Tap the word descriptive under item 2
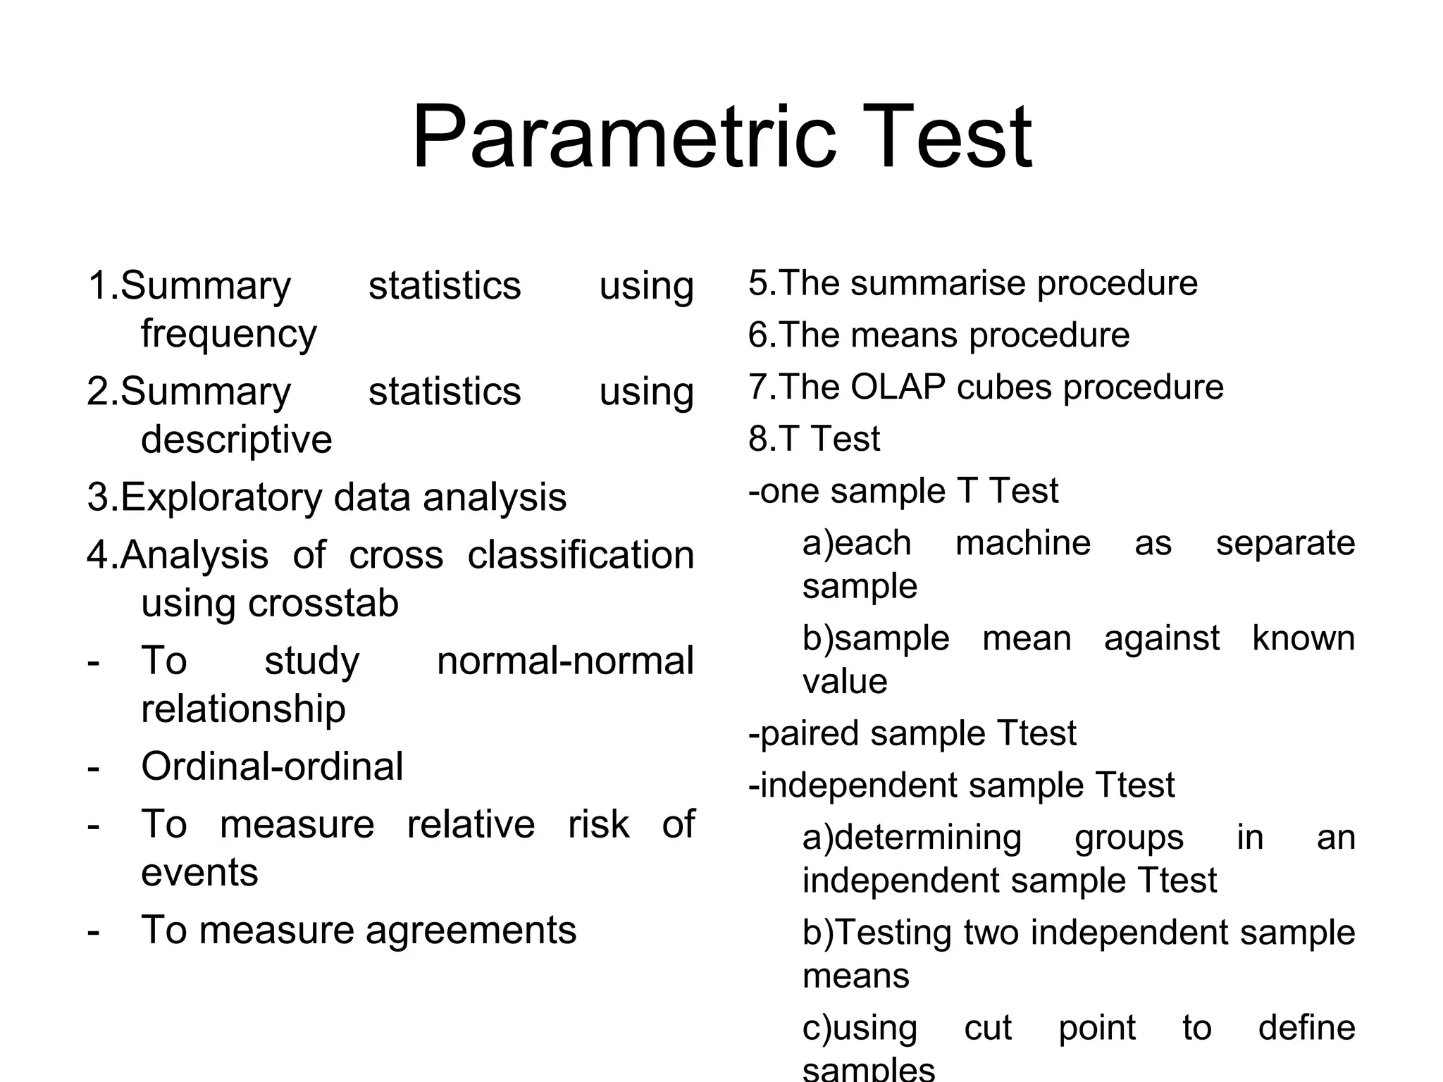[x=236, y=440]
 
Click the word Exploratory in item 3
[x=221, y=498]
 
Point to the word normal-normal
[x=565, y=661]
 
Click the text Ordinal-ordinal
[x=272, y=766]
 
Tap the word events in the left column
[x=199, y=873]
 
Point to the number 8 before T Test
[x=757, y=439]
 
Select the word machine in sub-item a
[x=1022, y=543]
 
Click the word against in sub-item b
[x=1161, y=639]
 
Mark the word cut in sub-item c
[x=987, y=1028]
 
